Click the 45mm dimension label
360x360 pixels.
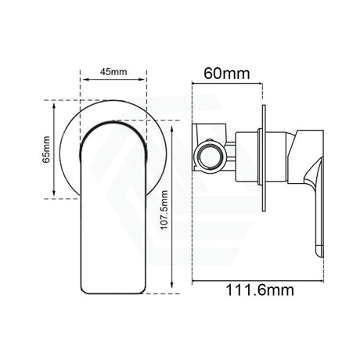point(113,70)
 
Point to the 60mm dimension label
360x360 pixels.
point(226,75)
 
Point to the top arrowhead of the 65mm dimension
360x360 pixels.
point(52,102)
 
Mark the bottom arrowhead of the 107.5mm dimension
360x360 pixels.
point(171,291)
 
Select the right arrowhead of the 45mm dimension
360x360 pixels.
point(145,78)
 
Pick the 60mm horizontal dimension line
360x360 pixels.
point(227,86)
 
